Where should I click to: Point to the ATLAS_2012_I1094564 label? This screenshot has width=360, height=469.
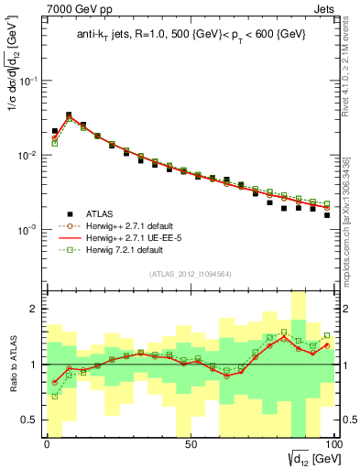[190, 273]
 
